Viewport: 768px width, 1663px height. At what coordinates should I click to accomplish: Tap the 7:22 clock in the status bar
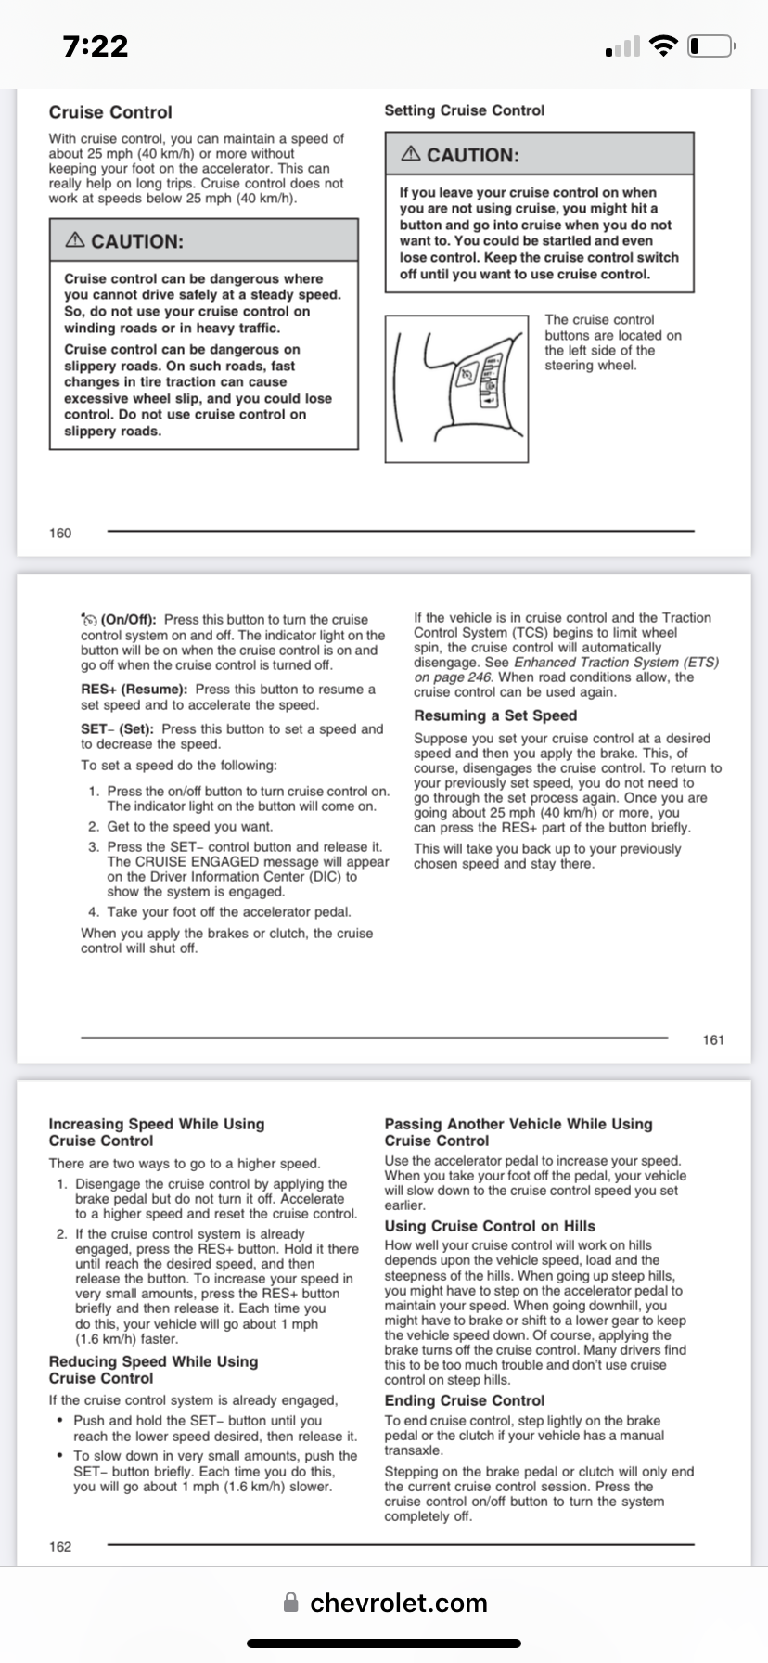click(96, 46)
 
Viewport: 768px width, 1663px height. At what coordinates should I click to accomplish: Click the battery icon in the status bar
click(712, 46)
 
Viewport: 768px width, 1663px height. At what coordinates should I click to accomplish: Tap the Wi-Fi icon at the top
click(662, 45)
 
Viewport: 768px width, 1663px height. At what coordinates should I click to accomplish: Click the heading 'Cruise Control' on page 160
click(110, 112)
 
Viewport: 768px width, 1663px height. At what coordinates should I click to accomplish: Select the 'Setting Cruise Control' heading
click(465, 110)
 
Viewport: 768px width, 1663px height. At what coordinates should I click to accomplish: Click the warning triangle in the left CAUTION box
click(75, 240)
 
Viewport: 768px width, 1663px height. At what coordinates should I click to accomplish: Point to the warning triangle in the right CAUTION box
click(411, 154)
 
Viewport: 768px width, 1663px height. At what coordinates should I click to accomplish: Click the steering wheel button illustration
click(456, 388)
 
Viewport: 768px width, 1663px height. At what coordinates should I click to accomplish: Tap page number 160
click(60, 533)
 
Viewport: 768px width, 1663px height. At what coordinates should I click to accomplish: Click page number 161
click(713, 1039)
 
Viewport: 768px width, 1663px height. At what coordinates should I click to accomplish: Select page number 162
click(60, 1546)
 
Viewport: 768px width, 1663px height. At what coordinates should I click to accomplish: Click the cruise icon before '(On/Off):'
click(89, 619)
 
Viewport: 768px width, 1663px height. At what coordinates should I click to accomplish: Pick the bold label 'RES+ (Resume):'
click(134, 690)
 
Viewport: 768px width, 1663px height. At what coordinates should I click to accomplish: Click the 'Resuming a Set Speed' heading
click(495, 715)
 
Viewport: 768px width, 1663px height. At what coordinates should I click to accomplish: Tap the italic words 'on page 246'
click(453, 677)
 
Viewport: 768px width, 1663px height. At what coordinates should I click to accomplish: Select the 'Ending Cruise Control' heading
click(465, 1400)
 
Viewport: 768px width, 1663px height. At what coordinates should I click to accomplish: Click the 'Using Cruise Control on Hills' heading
click(490, 1226)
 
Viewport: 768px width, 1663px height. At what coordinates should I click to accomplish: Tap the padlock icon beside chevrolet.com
click(291, 1603)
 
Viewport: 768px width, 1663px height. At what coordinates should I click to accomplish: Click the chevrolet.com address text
click(398, 1603)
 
